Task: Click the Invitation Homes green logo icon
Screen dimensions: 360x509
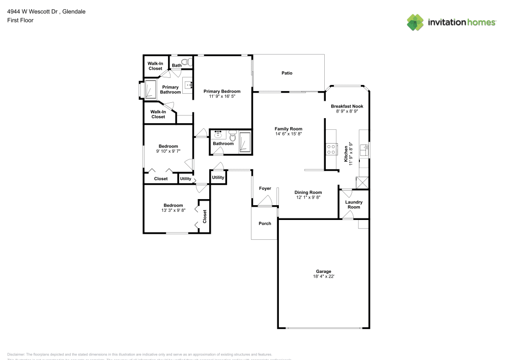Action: [x=415, y=22]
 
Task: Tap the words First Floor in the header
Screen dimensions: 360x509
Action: [x=20, y=20]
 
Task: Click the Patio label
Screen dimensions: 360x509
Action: [x=287, y=73]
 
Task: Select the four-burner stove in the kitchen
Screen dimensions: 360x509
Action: [x=331, y=149]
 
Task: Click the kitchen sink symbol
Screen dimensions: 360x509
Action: [x=364, y=150]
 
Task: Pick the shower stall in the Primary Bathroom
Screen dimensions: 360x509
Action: [x=151, y=89]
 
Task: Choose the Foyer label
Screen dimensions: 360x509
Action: [x=265, y=188]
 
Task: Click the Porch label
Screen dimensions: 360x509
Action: [x=265, y=224]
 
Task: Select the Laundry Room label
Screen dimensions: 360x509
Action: [x=354, y=205]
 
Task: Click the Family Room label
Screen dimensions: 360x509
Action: [x=289, y=129]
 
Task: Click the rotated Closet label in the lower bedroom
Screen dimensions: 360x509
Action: [x=205, y=217]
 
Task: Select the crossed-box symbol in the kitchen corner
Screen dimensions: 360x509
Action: [x=363, y=182]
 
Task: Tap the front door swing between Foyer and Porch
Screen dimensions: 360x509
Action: [x=265, y=202]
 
